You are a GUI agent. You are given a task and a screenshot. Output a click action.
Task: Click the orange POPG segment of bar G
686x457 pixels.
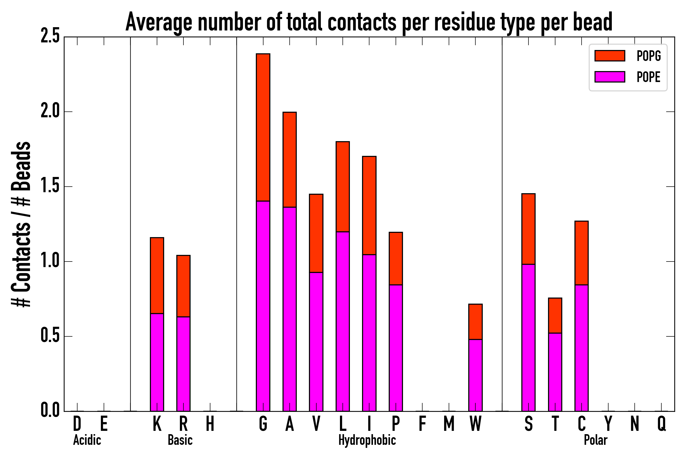(263, 127)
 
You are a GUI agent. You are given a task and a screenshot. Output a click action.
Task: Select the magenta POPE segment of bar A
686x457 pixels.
(289, 309)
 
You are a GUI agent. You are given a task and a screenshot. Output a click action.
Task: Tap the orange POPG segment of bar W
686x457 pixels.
(475, 321)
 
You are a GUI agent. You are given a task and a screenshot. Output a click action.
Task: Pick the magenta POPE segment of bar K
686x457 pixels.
(157, 362)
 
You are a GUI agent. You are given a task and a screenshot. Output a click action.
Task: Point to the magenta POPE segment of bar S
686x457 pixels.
(528, 337)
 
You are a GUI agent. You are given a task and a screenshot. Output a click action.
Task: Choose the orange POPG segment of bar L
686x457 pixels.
(342, 187)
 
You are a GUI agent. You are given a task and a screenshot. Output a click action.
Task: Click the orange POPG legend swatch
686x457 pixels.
(610, 56)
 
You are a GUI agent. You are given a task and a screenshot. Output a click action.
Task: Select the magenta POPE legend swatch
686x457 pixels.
(610, 77)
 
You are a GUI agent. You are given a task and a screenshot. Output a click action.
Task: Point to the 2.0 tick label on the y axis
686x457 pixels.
(50, 112)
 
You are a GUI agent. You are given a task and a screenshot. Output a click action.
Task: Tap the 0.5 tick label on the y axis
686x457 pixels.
(50, 336)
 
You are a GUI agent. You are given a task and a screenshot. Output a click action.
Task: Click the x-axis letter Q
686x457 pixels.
(662, 424)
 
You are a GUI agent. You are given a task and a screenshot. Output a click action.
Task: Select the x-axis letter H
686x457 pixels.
(210, 424)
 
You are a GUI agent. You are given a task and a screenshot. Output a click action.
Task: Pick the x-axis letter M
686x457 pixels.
(449, 424)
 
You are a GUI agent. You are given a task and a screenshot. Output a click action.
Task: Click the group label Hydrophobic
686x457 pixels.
(367, 440)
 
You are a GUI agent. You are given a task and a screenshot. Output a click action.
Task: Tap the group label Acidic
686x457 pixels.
(87, 440)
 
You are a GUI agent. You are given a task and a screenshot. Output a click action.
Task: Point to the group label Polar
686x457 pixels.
(595, 440)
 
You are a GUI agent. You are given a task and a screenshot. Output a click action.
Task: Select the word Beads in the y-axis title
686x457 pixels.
(21, 166)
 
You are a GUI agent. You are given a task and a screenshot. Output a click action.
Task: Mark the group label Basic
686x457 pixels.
(180, 440)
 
